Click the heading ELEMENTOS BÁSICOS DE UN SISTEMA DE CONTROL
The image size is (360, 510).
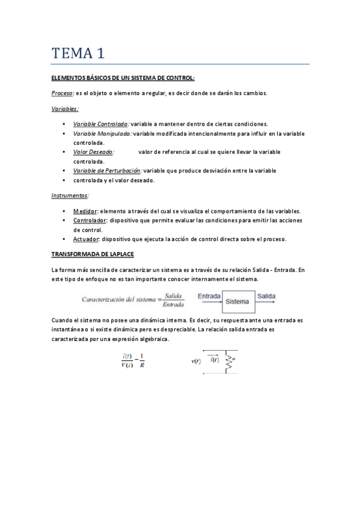point(123,78)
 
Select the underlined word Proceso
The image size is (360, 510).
point(62,93)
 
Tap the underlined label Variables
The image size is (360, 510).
point(64,109)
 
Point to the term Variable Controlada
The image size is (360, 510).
point(100,123)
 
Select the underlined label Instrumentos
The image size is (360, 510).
point(70,195)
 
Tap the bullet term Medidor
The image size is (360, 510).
point(85,210)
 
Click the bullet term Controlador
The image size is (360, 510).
point(90,220)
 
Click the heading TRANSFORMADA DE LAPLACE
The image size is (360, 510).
point(93,254)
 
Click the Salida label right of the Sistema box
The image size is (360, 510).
point(266,296)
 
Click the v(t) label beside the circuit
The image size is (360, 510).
point(196,361)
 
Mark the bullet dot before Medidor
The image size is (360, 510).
point(64,210)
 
